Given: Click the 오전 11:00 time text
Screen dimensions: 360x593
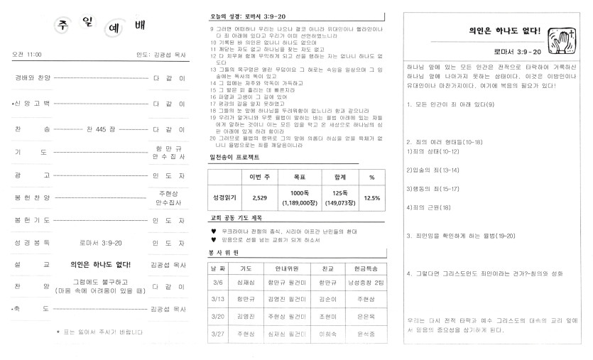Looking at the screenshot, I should pos(27,54).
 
